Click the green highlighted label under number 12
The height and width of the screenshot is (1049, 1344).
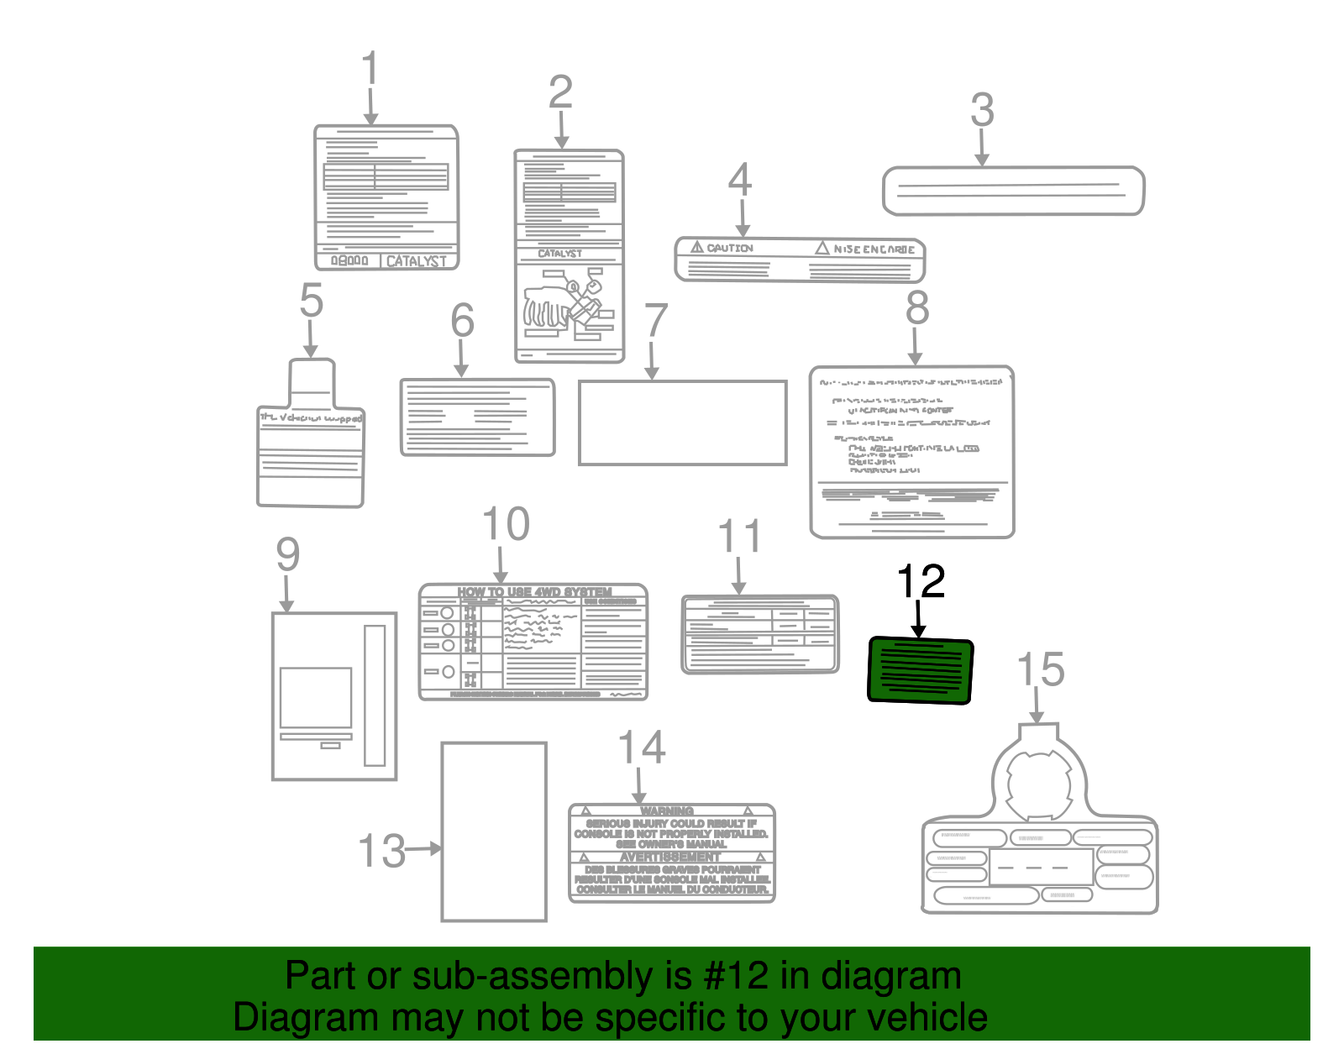(x=920, y=670)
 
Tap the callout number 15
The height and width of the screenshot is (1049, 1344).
(x=1040, y=669)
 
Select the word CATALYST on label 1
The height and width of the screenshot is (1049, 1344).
(x=416, y=261)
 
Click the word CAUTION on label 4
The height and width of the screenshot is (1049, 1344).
(x=729, y=249)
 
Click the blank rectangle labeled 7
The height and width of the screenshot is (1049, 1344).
(x=682, y=422)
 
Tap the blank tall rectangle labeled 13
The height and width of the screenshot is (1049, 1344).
(x=494, y=831)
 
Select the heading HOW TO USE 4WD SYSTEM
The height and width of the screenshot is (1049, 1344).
(x=534, y=592)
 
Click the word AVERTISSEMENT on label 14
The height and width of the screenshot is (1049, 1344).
(x=670, y=857)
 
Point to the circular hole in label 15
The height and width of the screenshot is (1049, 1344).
(x=1039, y=784)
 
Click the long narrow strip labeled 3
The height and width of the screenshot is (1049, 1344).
(x=1013, y=191)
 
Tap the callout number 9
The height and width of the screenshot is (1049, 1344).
(x=287, y=554)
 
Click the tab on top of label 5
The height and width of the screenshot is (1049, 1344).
(x=312, y=382)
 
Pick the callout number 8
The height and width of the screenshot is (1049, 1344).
(x=916, y=307)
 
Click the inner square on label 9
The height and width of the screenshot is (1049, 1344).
(x=316, y=697)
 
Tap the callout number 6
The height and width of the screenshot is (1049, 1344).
(x=462, y=320)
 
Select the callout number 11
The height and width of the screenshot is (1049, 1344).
(x=739, y=536)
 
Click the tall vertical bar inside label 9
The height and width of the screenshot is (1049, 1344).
(x=375, y=695)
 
